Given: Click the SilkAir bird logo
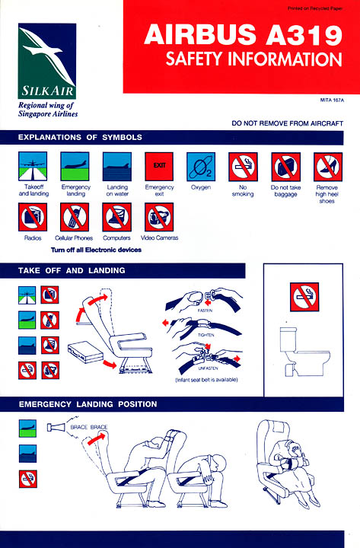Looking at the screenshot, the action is pyautogui.click(x=47, y=61).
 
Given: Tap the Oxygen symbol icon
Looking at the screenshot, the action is pyautogui.click(x=201, y=167).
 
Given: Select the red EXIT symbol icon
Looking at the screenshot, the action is pyautogui.click(x=159, y=167).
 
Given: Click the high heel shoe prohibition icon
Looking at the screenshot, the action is pyautogui.click(x=328, y=167).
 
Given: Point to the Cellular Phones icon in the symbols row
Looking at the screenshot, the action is pyautogui.click(x=75, y=217).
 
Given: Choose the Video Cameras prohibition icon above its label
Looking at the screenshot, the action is pyautogui.click(x=159, y=217).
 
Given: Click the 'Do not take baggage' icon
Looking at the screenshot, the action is pyautogui.click(x=286, y=167).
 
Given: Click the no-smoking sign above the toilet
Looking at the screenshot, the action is pyautogui.click(x=304, y=297).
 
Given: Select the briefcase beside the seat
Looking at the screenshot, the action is pyautogui.click(x=86, y=352).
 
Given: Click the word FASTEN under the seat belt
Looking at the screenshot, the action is pyautogui.click(x=205, y=311).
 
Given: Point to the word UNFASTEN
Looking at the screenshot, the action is pyautogui.click(x=208, y=368).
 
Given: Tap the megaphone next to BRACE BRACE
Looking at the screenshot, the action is pyautogui.click(x=56, y=427).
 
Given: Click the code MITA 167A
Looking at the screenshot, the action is pyautogui.click(x=332, y=100).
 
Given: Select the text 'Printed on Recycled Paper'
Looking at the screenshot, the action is pyautogui.click(x=315, y=8).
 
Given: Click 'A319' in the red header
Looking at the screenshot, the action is pyautogui.click(x=304, y=35).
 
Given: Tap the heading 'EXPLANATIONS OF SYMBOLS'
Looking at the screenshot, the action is pyautogui.click(x=80, y=137).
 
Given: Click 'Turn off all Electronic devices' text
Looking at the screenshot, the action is pyautogui.click(x=96, y=250).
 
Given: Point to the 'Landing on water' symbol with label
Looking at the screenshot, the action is pyautogui.click(x=117, y=174).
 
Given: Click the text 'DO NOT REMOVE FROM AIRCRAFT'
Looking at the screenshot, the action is pyautogui.click(x=287, y=123).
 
